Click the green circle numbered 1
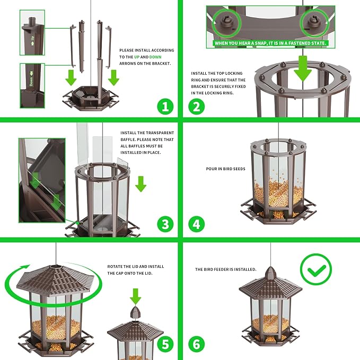(165, 106)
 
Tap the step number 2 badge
(197, 106)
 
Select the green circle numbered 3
(165, 224)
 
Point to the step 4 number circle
(197, 224)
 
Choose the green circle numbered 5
(165, 344)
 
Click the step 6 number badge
(197, 344)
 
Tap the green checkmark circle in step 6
(315, 270)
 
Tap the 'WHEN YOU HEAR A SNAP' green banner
(270, 43)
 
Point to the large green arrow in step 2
(302, 66)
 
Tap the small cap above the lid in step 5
(136, 313)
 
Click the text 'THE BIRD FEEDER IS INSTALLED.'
(225, 269)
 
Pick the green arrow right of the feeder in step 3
(141, 184)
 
